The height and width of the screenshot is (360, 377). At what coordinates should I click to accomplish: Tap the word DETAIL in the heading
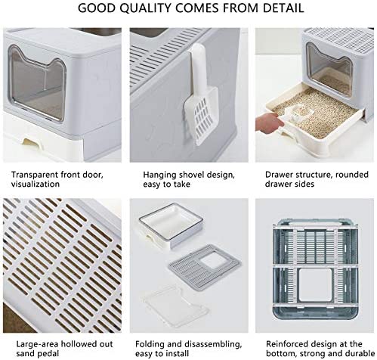[283, 8]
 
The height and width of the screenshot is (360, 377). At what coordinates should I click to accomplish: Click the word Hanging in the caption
[159, 175]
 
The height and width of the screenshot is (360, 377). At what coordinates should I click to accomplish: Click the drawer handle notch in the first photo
[32, 143]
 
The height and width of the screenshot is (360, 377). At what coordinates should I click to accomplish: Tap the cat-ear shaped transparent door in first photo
[37, 83]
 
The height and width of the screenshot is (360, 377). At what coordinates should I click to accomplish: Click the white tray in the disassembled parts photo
[171, 225]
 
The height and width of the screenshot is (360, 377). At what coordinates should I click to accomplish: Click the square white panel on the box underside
[315, 285]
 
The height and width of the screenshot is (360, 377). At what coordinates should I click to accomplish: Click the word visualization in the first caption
[36, 184]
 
